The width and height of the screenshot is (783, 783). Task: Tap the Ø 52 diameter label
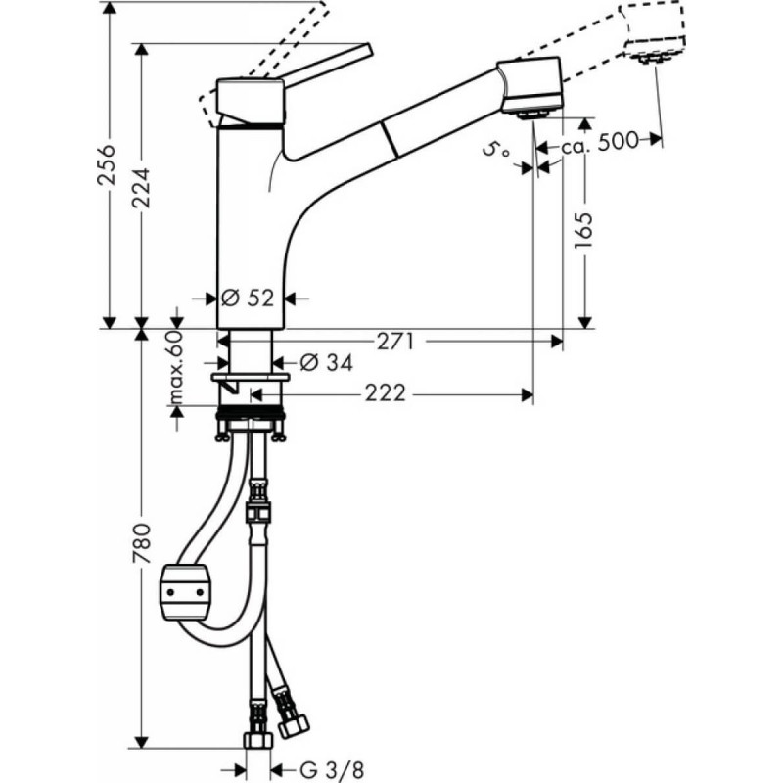[248, 299]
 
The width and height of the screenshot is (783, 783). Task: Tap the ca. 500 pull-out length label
[598, 140]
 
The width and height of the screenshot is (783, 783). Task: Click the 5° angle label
[497, 150]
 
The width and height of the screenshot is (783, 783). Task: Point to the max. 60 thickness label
[176, 369]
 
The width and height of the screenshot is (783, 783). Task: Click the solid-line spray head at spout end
[531, 83]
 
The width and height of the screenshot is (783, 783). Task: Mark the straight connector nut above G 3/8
[257, 737]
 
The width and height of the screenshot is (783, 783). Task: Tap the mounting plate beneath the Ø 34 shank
[251, 377]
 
